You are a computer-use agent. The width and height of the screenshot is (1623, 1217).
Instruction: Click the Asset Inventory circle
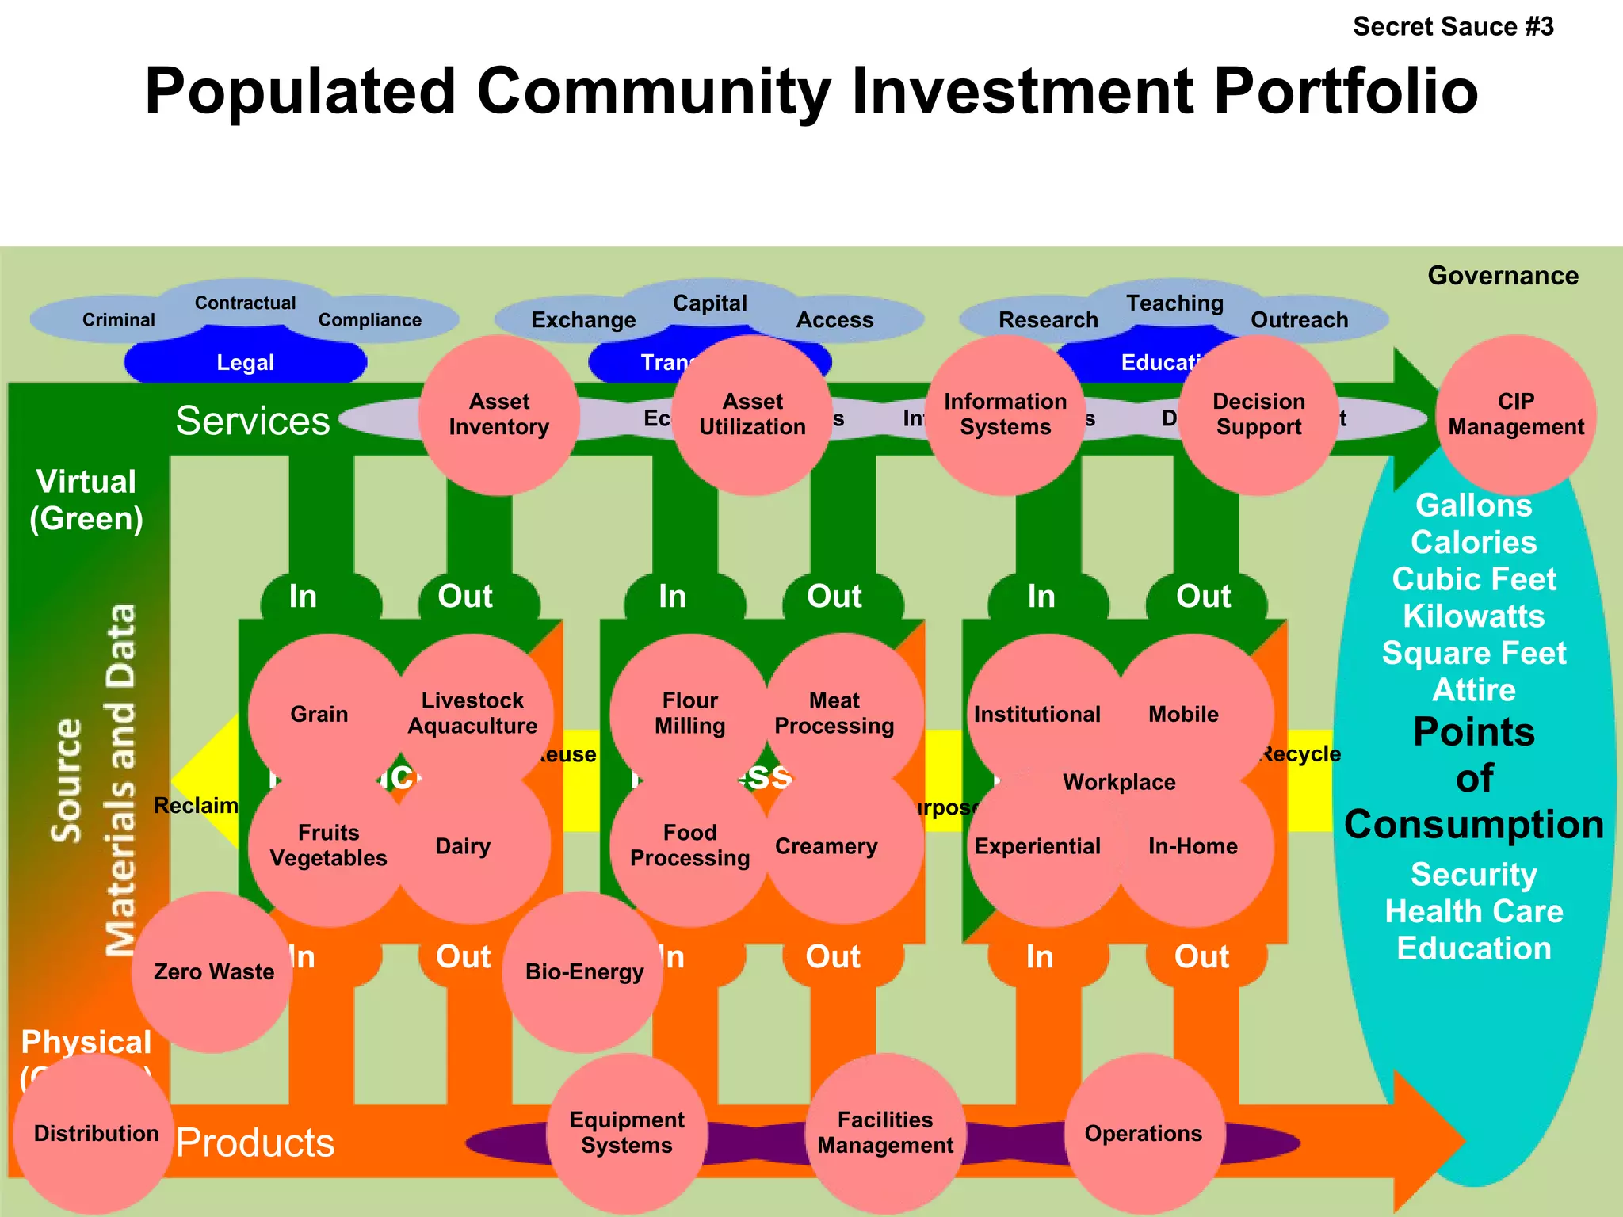[498, 414]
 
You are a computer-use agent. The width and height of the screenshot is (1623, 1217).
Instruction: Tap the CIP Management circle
[1515, 414]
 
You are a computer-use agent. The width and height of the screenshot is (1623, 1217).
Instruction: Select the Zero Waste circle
[212, 972]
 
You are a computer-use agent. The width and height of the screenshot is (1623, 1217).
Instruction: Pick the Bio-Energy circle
[583, 972]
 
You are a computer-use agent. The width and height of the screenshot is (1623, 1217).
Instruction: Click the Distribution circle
[95, 1134]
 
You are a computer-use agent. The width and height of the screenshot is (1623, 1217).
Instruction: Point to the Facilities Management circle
[885, 1133]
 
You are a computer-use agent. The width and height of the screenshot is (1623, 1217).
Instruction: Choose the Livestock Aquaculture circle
[472, 713]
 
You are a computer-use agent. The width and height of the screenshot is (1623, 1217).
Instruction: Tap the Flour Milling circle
[689, 713]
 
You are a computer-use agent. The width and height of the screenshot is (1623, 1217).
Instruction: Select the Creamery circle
[827, 846]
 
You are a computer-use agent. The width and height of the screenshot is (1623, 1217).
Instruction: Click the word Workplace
[1119, 782]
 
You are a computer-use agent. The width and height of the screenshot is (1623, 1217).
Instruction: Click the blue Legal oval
[246, 363]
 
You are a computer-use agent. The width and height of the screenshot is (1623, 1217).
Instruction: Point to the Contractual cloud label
[245, 303]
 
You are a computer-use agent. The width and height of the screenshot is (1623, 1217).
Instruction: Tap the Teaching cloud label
[1174, 303]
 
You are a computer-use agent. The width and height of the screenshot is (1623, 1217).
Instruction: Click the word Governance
[1503, 276]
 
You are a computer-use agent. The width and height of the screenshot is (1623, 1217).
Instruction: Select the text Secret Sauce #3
[1453, 27]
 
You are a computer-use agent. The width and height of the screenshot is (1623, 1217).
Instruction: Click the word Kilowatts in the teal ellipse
[1474, 616]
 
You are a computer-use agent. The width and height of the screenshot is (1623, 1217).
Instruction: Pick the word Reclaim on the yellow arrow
[196, 806]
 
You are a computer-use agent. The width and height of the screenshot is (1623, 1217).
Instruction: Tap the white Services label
[253, 421]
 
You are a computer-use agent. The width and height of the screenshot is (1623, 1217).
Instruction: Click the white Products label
[255, 1143]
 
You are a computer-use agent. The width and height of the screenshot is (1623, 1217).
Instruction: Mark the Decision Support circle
[1258, 414]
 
